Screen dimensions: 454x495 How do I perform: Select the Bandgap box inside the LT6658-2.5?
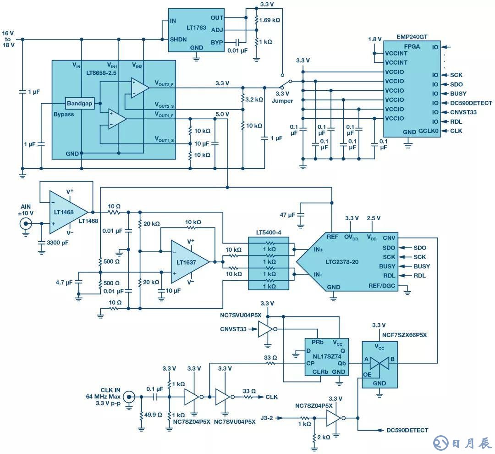pos(80,103)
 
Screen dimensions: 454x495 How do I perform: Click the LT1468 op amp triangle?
pos(66,212)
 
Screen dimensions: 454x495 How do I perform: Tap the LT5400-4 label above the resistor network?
pos(270,233)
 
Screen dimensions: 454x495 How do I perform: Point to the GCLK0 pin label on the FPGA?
pos(428,131)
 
